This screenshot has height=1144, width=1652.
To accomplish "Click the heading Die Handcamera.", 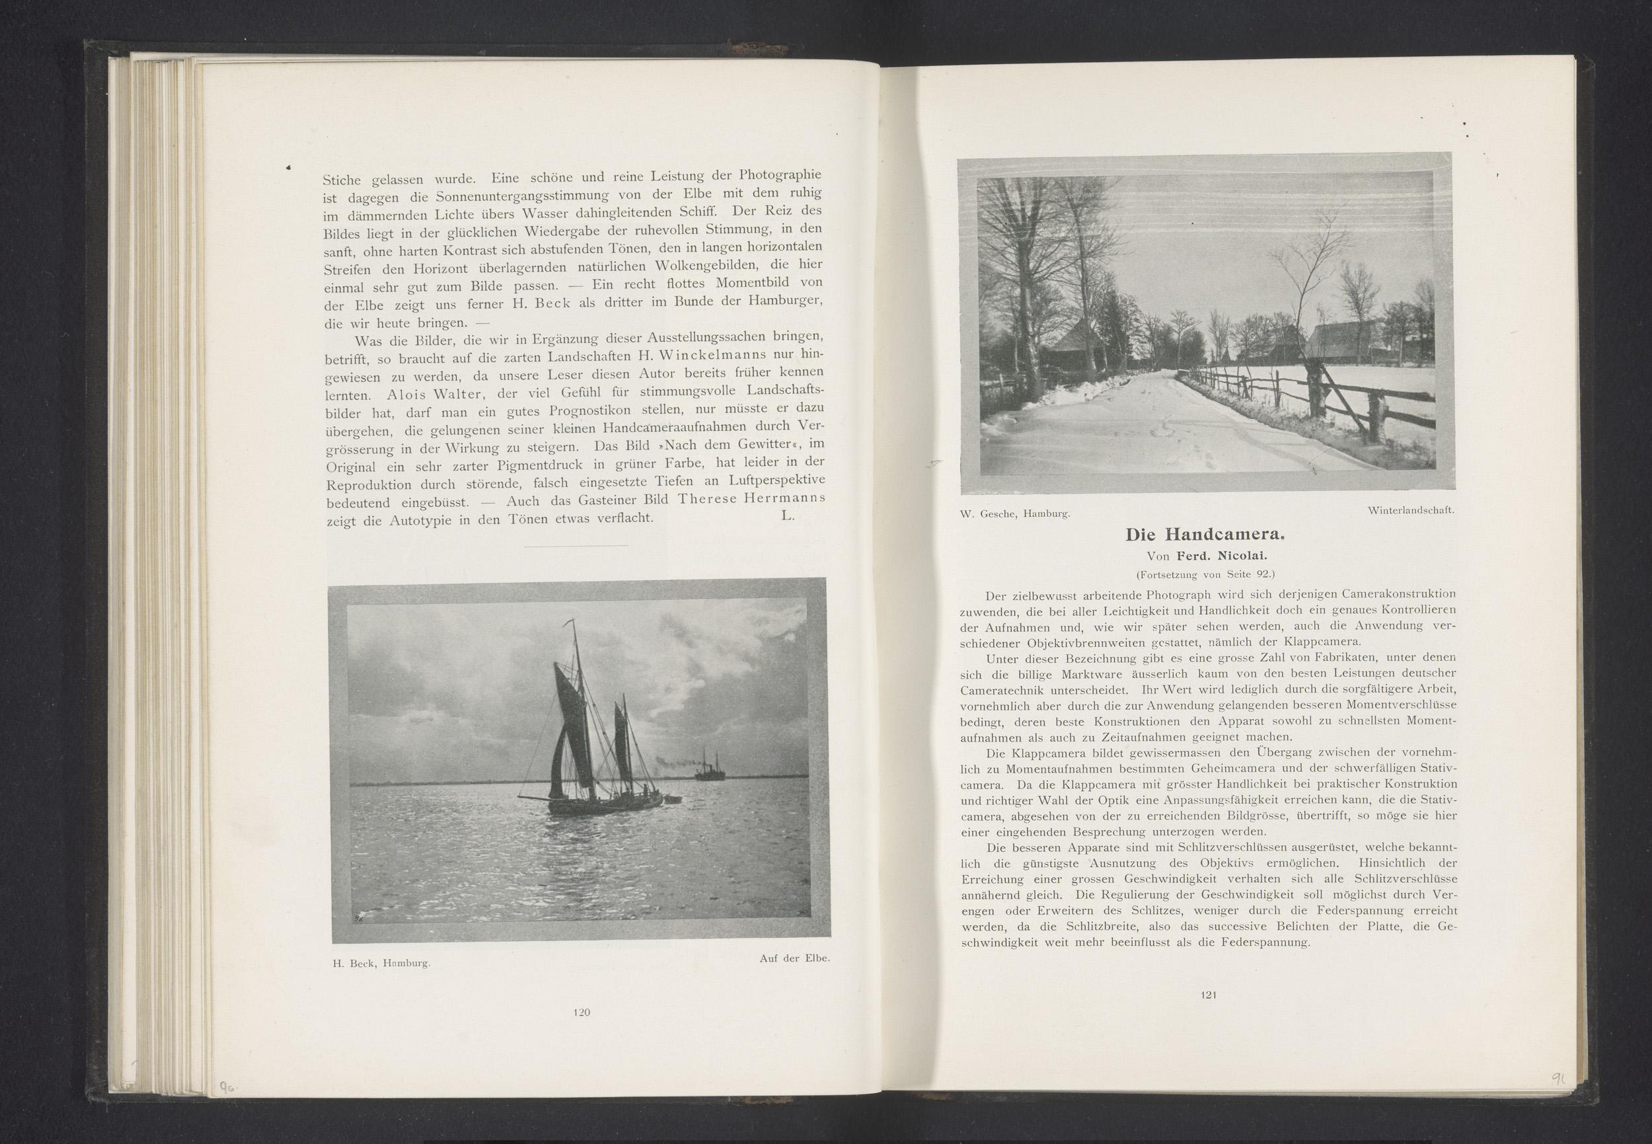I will (1206, 535).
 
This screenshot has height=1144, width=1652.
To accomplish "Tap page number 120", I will (582, 1012).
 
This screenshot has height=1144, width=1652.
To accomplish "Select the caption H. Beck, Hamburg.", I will (381, 964).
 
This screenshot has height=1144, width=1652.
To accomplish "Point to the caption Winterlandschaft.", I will (1409, 510).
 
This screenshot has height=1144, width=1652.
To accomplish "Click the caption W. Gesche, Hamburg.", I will (1015, 514).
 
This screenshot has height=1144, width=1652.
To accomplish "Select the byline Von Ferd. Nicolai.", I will (1207, 556).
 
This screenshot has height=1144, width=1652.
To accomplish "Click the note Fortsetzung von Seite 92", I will (1206, 574).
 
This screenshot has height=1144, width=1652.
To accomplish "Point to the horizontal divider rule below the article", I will (576, 546).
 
